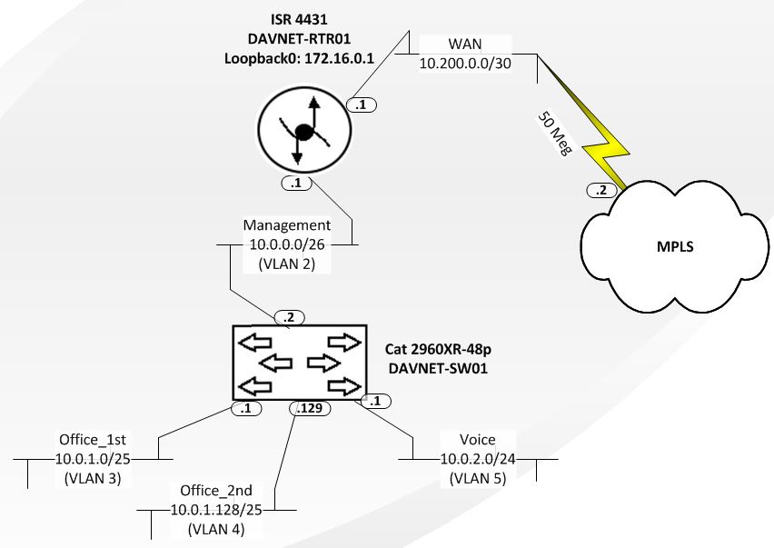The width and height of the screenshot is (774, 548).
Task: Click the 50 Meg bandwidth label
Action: tap(552, 134)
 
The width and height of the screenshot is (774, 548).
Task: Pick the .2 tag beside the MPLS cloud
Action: tap(600, 190)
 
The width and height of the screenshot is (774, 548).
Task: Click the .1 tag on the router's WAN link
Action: tap(361, 105)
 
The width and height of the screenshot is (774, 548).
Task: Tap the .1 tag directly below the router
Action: tap(297, 183)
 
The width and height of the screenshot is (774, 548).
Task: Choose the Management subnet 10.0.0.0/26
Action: tap(286, 244)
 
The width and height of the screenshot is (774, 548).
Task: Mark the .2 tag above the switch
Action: tap(289, 316)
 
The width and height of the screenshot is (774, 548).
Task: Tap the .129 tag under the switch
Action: tap(310, 409)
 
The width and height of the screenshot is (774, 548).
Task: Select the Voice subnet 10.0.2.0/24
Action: tap(478, 460)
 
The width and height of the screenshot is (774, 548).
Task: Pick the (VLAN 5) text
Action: tap(478, 478)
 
